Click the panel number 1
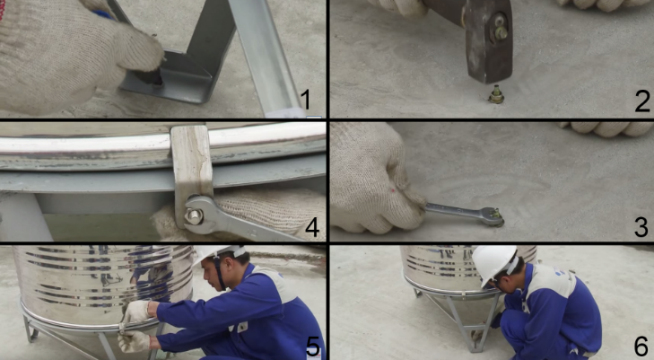[x=306, y=100]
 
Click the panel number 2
[x=642, y=101]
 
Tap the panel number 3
[x=641, y=226]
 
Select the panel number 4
[x=312, y=228]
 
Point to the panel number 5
[x=313, y=347]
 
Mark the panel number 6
[x=641, y=346]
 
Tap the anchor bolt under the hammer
[x=496, y=94]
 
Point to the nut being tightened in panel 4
[x=194, y=215]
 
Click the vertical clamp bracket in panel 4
[x=192, y=171]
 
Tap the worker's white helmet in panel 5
[x=218, y=252]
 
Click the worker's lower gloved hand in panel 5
[x=134, y=341]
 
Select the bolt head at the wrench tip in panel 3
[x=495, y=217]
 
